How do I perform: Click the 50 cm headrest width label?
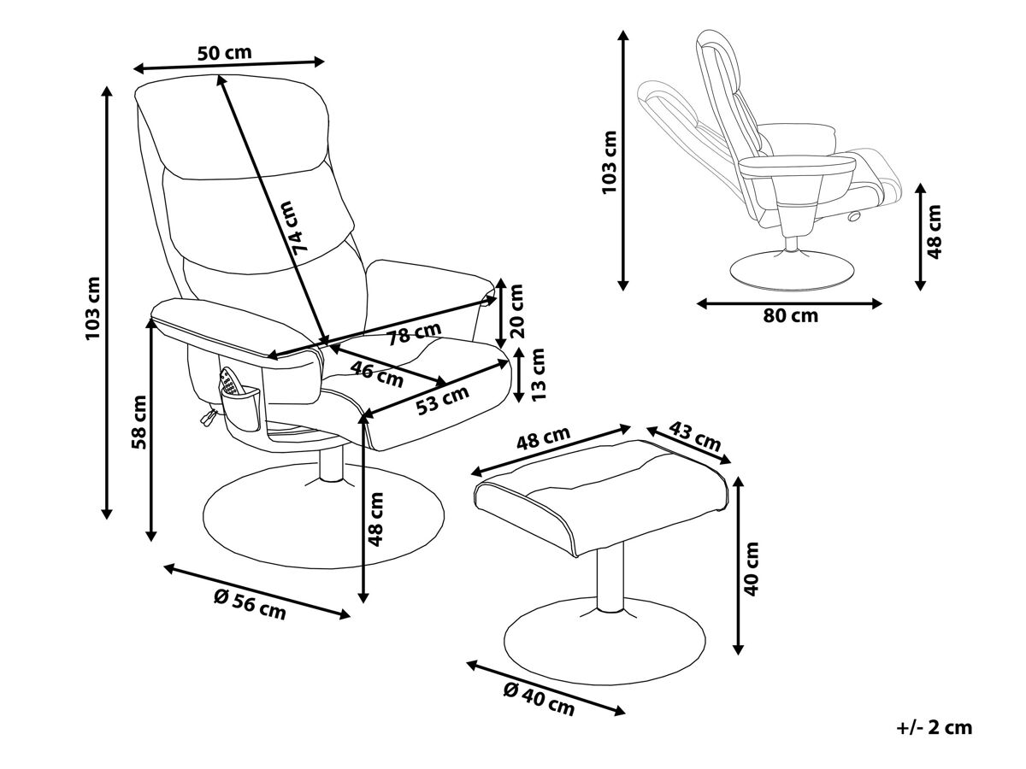224,53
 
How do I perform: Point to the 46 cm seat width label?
377,374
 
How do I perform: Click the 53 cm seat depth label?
442,401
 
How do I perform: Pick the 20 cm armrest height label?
516,311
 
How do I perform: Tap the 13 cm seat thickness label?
538,373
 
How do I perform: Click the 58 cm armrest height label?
139,422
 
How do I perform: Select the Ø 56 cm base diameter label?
250,604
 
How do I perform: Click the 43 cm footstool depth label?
695,437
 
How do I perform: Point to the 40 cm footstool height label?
752,569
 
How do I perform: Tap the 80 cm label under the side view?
791,316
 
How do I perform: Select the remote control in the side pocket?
231,382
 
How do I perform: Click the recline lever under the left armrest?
209,415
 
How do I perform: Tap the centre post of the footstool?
610,580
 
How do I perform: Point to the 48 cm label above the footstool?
543,437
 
